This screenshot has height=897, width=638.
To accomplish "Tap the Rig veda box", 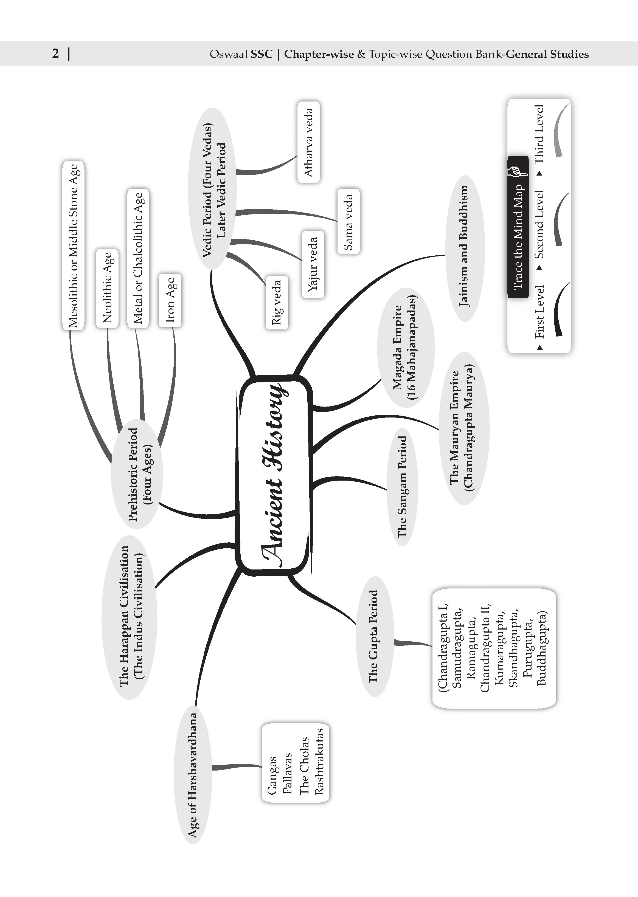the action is (277, 302).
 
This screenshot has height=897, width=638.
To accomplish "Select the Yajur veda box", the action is (313, 264).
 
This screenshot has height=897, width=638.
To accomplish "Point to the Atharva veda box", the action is (308, 142).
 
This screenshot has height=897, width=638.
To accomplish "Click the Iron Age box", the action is (170, 300).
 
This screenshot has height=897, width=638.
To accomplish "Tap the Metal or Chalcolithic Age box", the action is (138, 258).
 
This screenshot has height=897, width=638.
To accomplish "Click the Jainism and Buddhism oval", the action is (465, 248).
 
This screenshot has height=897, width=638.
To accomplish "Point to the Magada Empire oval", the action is (406, 348).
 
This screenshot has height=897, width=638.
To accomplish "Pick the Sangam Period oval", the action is (402, 487).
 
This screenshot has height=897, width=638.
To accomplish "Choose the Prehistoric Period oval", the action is (137, 474).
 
